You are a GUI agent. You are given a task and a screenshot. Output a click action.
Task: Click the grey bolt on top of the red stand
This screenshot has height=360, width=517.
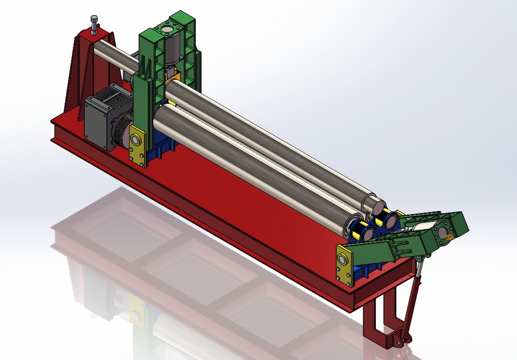94,24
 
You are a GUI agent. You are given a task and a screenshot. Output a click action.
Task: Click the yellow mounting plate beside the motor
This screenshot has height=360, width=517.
138,145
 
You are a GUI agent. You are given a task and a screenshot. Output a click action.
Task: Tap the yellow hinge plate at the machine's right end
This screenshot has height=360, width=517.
345,264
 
